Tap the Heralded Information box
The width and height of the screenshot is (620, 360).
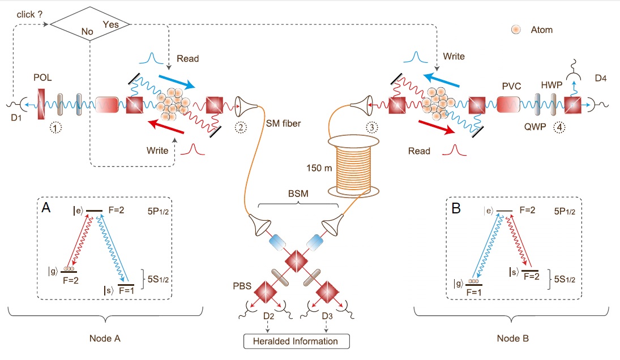coord(297,341)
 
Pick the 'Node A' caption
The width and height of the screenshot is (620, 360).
coord(106,338)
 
